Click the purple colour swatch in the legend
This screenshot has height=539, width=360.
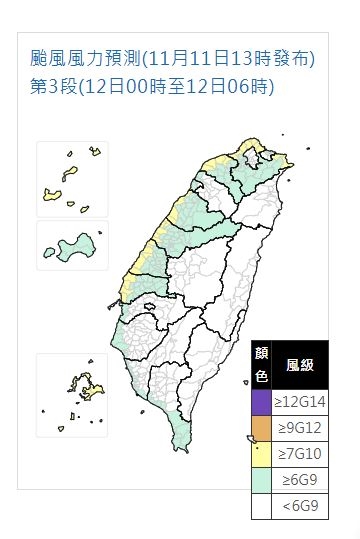pos(260,402)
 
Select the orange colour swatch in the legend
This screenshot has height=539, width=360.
pos(260,428)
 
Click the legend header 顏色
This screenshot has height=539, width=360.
pos(260,366)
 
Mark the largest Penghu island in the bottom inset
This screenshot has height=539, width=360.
pos(80,385)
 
